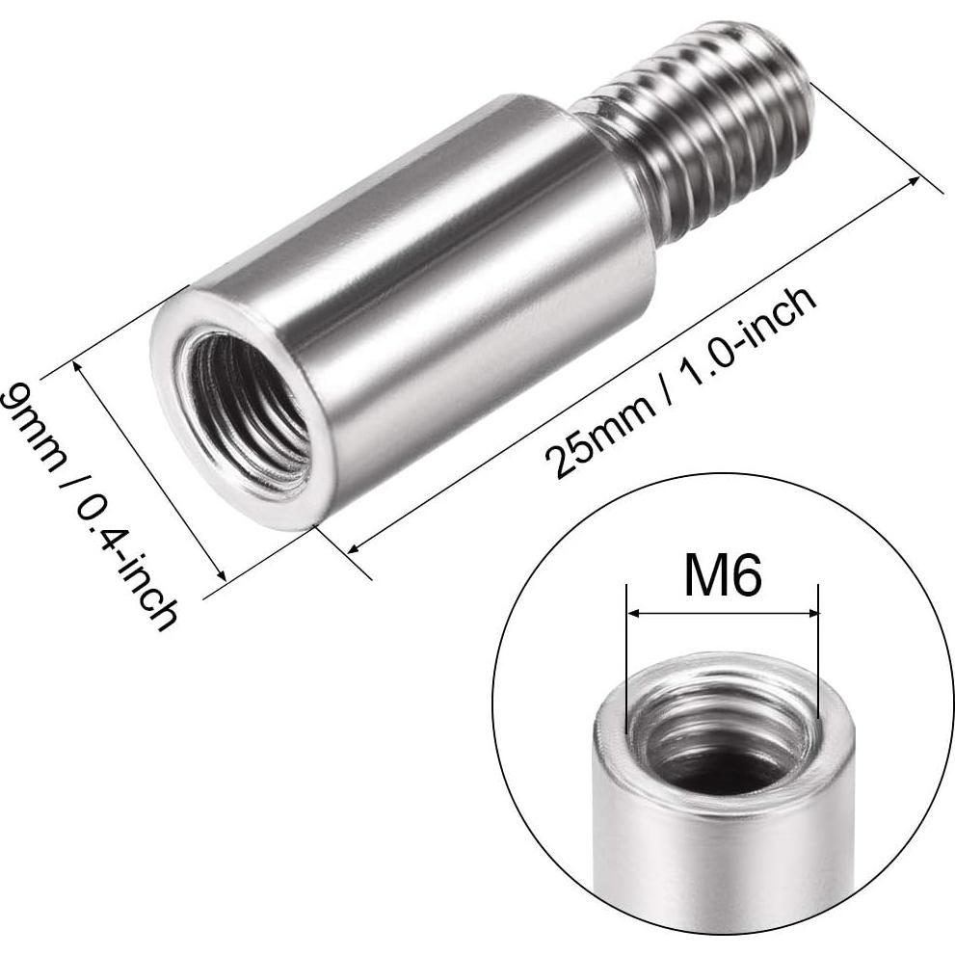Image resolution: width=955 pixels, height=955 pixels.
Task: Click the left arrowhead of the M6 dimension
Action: [x=632, y=614]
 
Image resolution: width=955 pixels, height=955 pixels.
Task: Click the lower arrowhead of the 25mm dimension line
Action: [x=353, y=548]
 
